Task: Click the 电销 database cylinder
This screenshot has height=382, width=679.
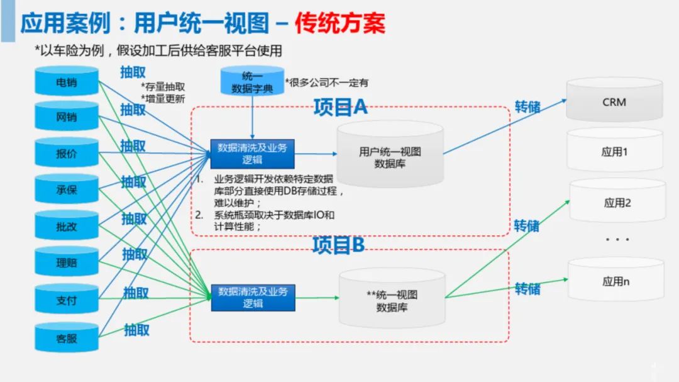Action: click(x=67, y=82)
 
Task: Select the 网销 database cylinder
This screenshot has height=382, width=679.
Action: click(x=67, y=117)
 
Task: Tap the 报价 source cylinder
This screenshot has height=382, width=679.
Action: click(x=67, y=153)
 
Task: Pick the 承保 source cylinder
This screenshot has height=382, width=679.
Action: click(x=67, y=189)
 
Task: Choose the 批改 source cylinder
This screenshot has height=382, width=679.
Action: click(x=67, y=226)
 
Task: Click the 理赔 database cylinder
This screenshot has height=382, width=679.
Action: click(x=67, y=262)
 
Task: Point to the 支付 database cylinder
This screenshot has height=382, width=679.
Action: click(x=67, y=300)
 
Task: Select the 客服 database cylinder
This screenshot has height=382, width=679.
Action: click(x=67, y=338)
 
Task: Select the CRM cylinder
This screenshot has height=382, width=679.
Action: click(x=614, y=101)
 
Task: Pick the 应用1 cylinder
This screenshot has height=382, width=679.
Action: click(x=614, y=152)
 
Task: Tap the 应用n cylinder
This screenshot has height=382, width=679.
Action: click(x=616, y=281)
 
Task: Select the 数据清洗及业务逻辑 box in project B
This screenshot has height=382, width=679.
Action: click(x=253, y=297)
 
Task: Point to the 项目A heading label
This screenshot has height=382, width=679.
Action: click(x=340, y=108)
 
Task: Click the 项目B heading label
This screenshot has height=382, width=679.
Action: click(x=338, y=245)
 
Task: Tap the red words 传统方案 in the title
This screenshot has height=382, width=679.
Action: click(x=340, y=23)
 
